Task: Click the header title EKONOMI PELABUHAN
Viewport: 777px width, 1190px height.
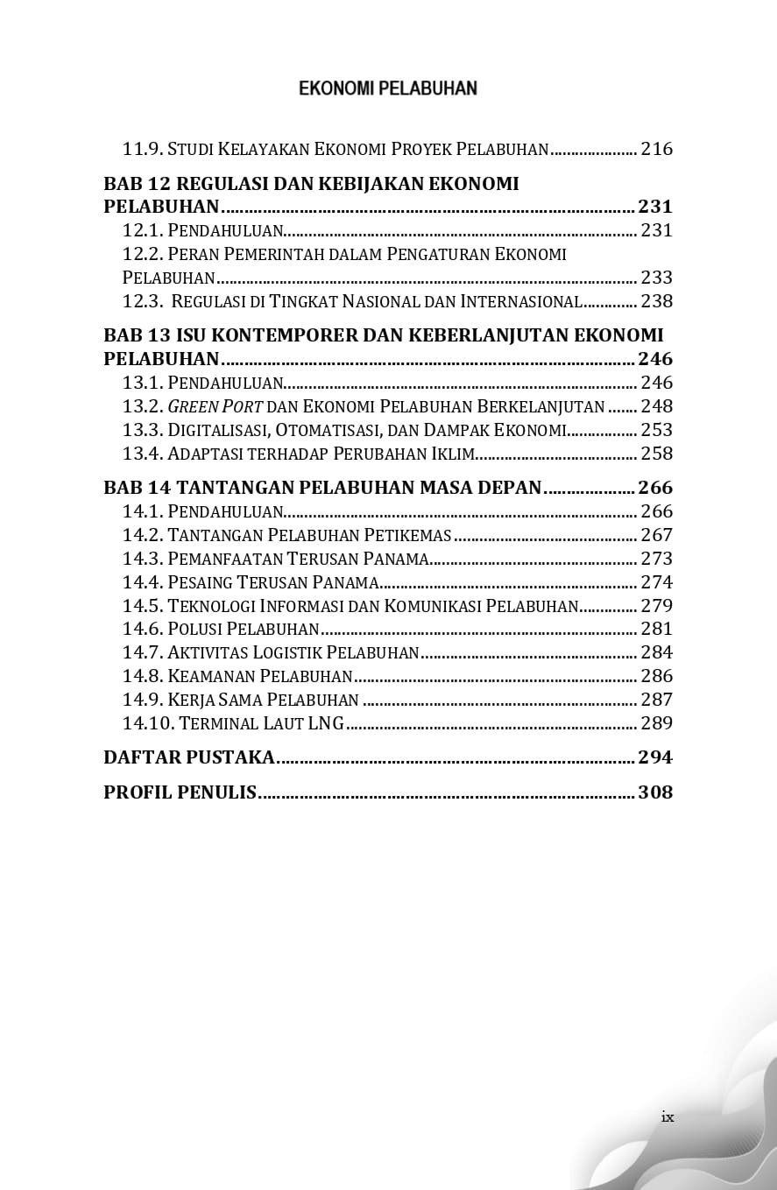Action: pyautogui.click(x=388, y=88)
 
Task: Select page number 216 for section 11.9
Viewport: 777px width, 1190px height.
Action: pyautogui.click(x=656, y=149)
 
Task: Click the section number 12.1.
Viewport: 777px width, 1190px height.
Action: pyautogui.click(x=142, y=231)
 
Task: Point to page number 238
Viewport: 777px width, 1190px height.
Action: pyautogui.click(x=656, y=302)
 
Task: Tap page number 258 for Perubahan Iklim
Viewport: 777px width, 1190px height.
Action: pyautogui.click(x=656, y=454)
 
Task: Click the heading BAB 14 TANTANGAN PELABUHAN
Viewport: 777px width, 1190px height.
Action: pyautogui.click(x=322, y=488)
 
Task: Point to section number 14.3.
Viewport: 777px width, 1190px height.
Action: pyautogui.click(x=142, y=559)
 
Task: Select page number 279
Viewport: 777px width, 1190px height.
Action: pyautogui.click(x=656, y=606)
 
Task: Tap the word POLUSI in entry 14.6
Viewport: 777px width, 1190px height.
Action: pyautogui.click(x=195, y=630)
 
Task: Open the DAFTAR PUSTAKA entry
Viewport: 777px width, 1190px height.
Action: pyautogui.click(x=189, y=757)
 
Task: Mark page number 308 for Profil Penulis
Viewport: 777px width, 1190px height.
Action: pyautogui.click(x=655, y=792)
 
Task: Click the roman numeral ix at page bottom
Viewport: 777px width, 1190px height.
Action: pyautogui.click(x=668, y=1116)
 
